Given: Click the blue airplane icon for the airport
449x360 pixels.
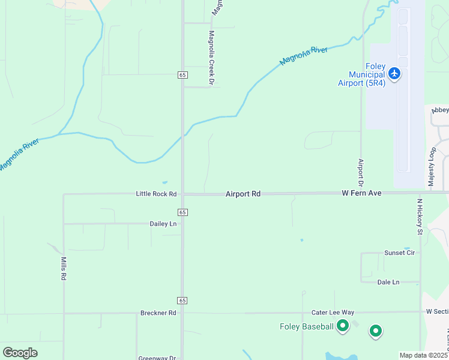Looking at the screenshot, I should coord(394,74).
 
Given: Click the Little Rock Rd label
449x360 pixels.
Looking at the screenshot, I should coord(156,194).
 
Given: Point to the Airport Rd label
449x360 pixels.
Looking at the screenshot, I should coord(243,194).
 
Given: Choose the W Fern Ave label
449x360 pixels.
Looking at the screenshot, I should coord(362,193).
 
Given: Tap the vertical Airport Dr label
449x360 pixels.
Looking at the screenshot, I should coord(361,173).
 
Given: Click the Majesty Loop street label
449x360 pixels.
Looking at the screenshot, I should coord(432,165).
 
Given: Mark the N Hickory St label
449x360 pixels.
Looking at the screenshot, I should coord(420,217).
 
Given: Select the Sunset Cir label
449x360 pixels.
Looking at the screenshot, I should coord(399,253).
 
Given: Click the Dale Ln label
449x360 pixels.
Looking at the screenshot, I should coord(388,282).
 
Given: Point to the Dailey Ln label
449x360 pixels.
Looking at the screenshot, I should coord(163,224).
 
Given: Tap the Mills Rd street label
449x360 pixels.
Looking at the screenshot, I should coord(64,269).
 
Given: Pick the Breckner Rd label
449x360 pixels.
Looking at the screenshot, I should coord(158,313).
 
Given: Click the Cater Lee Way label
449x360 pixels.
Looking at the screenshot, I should coord(333,313).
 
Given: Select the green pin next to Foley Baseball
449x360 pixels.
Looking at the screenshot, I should coord(343,326).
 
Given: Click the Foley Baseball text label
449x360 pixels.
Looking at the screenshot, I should coord(306,326).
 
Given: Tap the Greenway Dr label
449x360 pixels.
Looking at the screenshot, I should coord(157,358).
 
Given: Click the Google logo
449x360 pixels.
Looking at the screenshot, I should coord(20,352).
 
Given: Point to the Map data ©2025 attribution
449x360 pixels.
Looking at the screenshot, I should coord(424,355).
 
